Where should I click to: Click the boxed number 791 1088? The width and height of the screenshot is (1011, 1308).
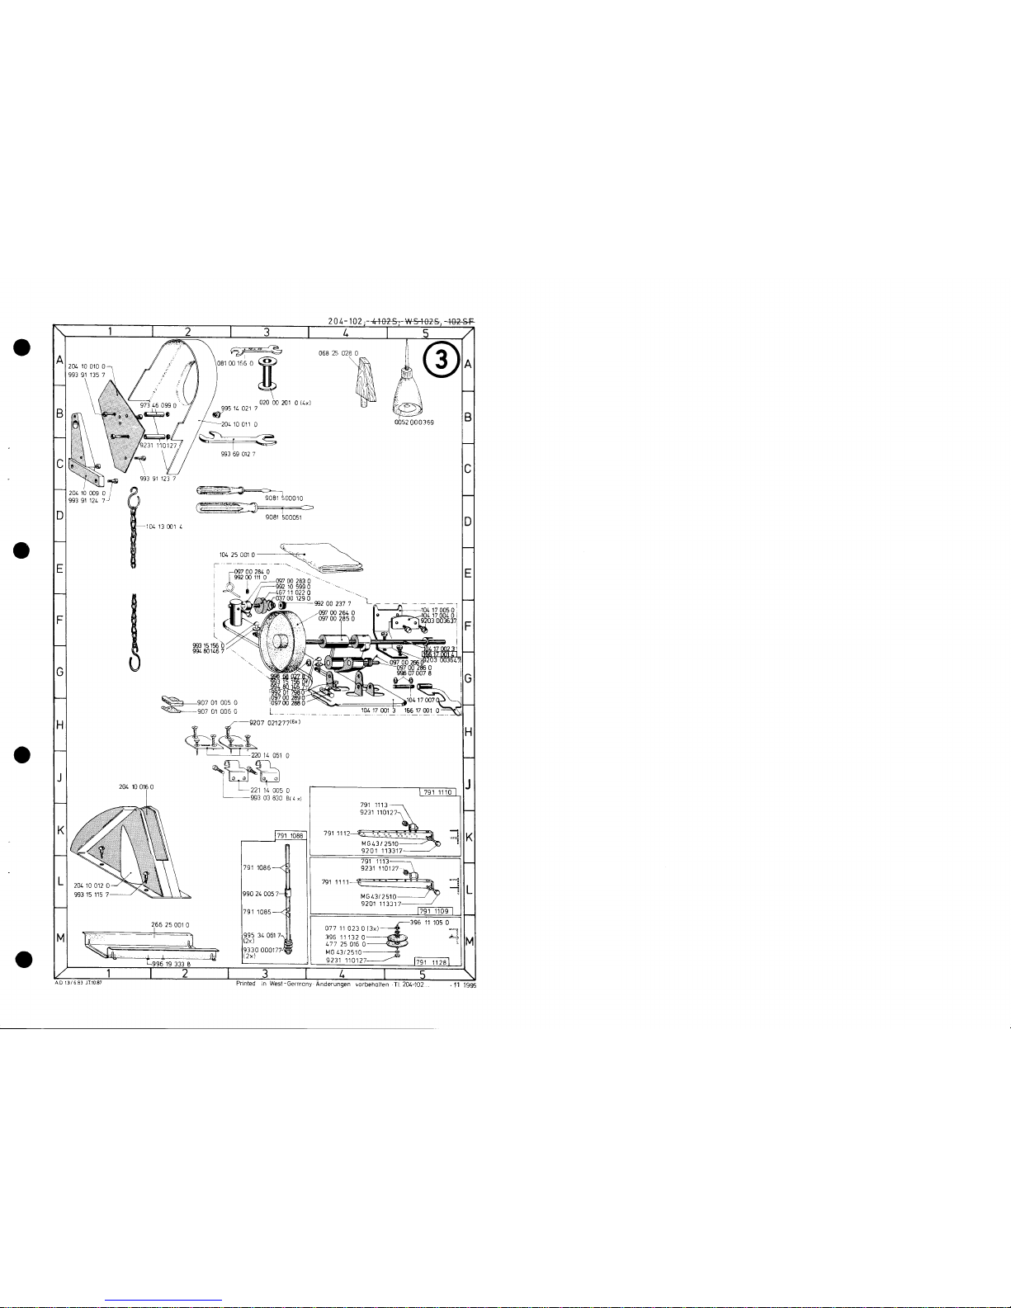pyautogui.click(x=289, y=836)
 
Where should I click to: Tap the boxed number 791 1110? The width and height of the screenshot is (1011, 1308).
pyautogui.click(x=438, y=792)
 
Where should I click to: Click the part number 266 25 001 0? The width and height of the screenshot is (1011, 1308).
pyautogui.click(x=171, y=924)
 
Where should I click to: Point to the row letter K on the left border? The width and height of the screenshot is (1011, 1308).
pyautogui.click(x=60, y=829)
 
